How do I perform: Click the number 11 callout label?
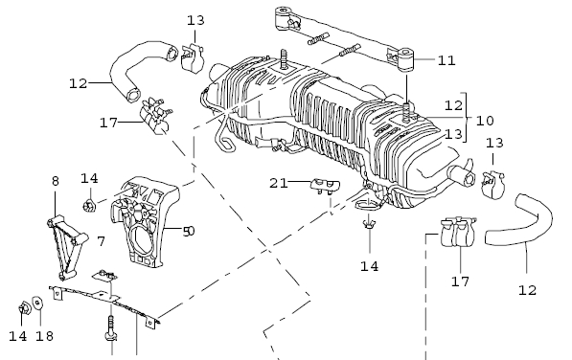click(446, 60)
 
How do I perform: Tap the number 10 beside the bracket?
click(485, 121)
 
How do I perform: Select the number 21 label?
click(279, 183)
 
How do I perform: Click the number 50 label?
click(189, 231)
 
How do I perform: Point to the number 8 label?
click(55, 181)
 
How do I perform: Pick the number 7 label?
click(101, 241)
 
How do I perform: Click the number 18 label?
click(44, 336)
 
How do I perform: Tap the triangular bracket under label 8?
click(66, 246)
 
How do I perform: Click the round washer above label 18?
click(37, 303)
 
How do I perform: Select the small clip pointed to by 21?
click(325, 185)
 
